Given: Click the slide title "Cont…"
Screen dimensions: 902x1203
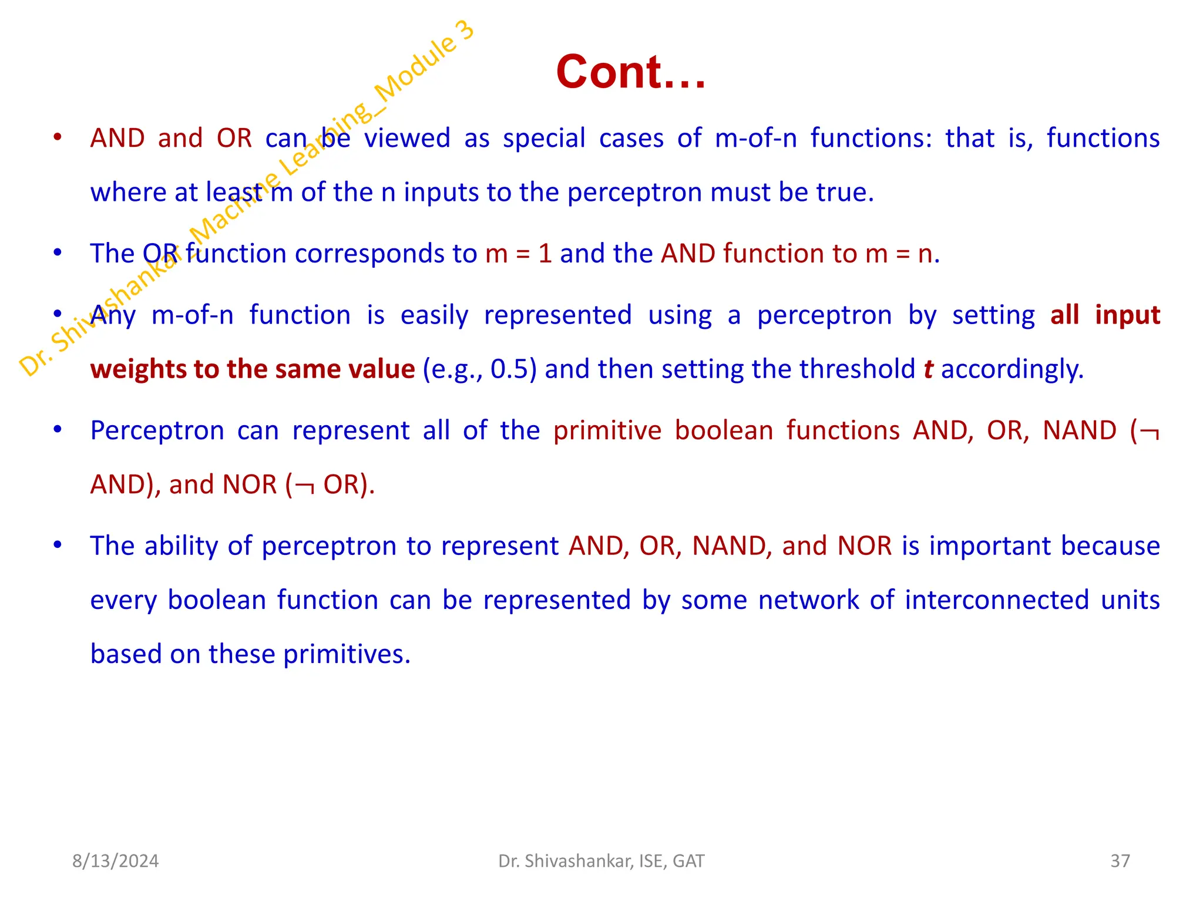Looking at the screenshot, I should click(630, 72).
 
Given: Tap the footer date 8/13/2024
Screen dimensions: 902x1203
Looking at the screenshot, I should click(115, 861).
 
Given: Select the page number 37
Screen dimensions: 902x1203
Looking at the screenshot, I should click(1120, 861).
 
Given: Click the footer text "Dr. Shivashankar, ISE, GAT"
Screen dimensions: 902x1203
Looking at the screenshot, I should click(601, 861).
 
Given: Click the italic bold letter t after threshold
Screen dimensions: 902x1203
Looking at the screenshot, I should click(928, 369).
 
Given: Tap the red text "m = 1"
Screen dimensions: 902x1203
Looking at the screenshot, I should click(519, 254).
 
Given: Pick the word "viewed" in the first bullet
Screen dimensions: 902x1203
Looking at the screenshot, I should click(407, 139).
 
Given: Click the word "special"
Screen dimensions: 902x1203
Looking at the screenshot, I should click(544, 139).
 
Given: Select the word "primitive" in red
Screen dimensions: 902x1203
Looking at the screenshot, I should click(607, 430).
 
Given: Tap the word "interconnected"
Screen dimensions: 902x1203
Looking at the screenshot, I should click(997, 600).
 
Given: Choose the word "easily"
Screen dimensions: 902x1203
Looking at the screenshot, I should click(434, 315).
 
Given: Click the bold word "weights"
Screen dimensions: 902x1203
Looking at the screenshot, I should click(137, 369).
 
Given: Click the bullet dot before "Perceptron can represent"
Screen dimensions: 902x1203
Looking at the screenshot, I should click(57, 429).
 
